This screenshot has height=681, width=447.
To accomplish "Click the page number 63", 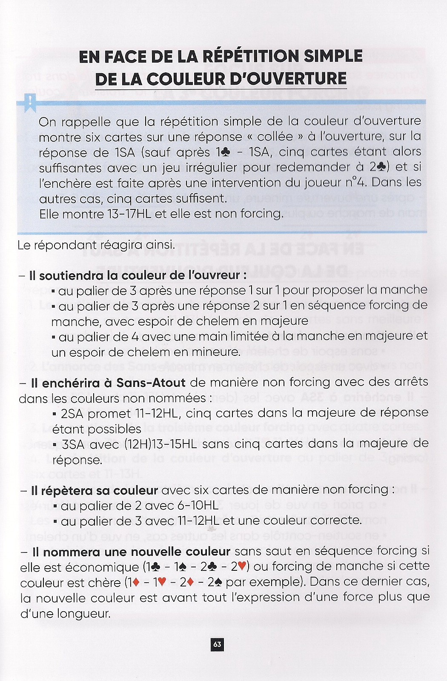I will [217, 644].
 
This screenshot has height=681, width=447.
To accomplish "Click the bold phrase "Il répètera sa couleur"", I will [95, 491].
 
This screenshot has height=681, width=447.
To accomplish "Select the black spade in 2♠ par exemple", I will [218, 582].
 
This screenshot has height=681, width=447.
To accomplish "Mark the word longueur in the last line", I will [86, 614].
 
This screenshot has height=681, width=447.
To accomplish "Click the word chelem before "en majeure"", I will [193, 321].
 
